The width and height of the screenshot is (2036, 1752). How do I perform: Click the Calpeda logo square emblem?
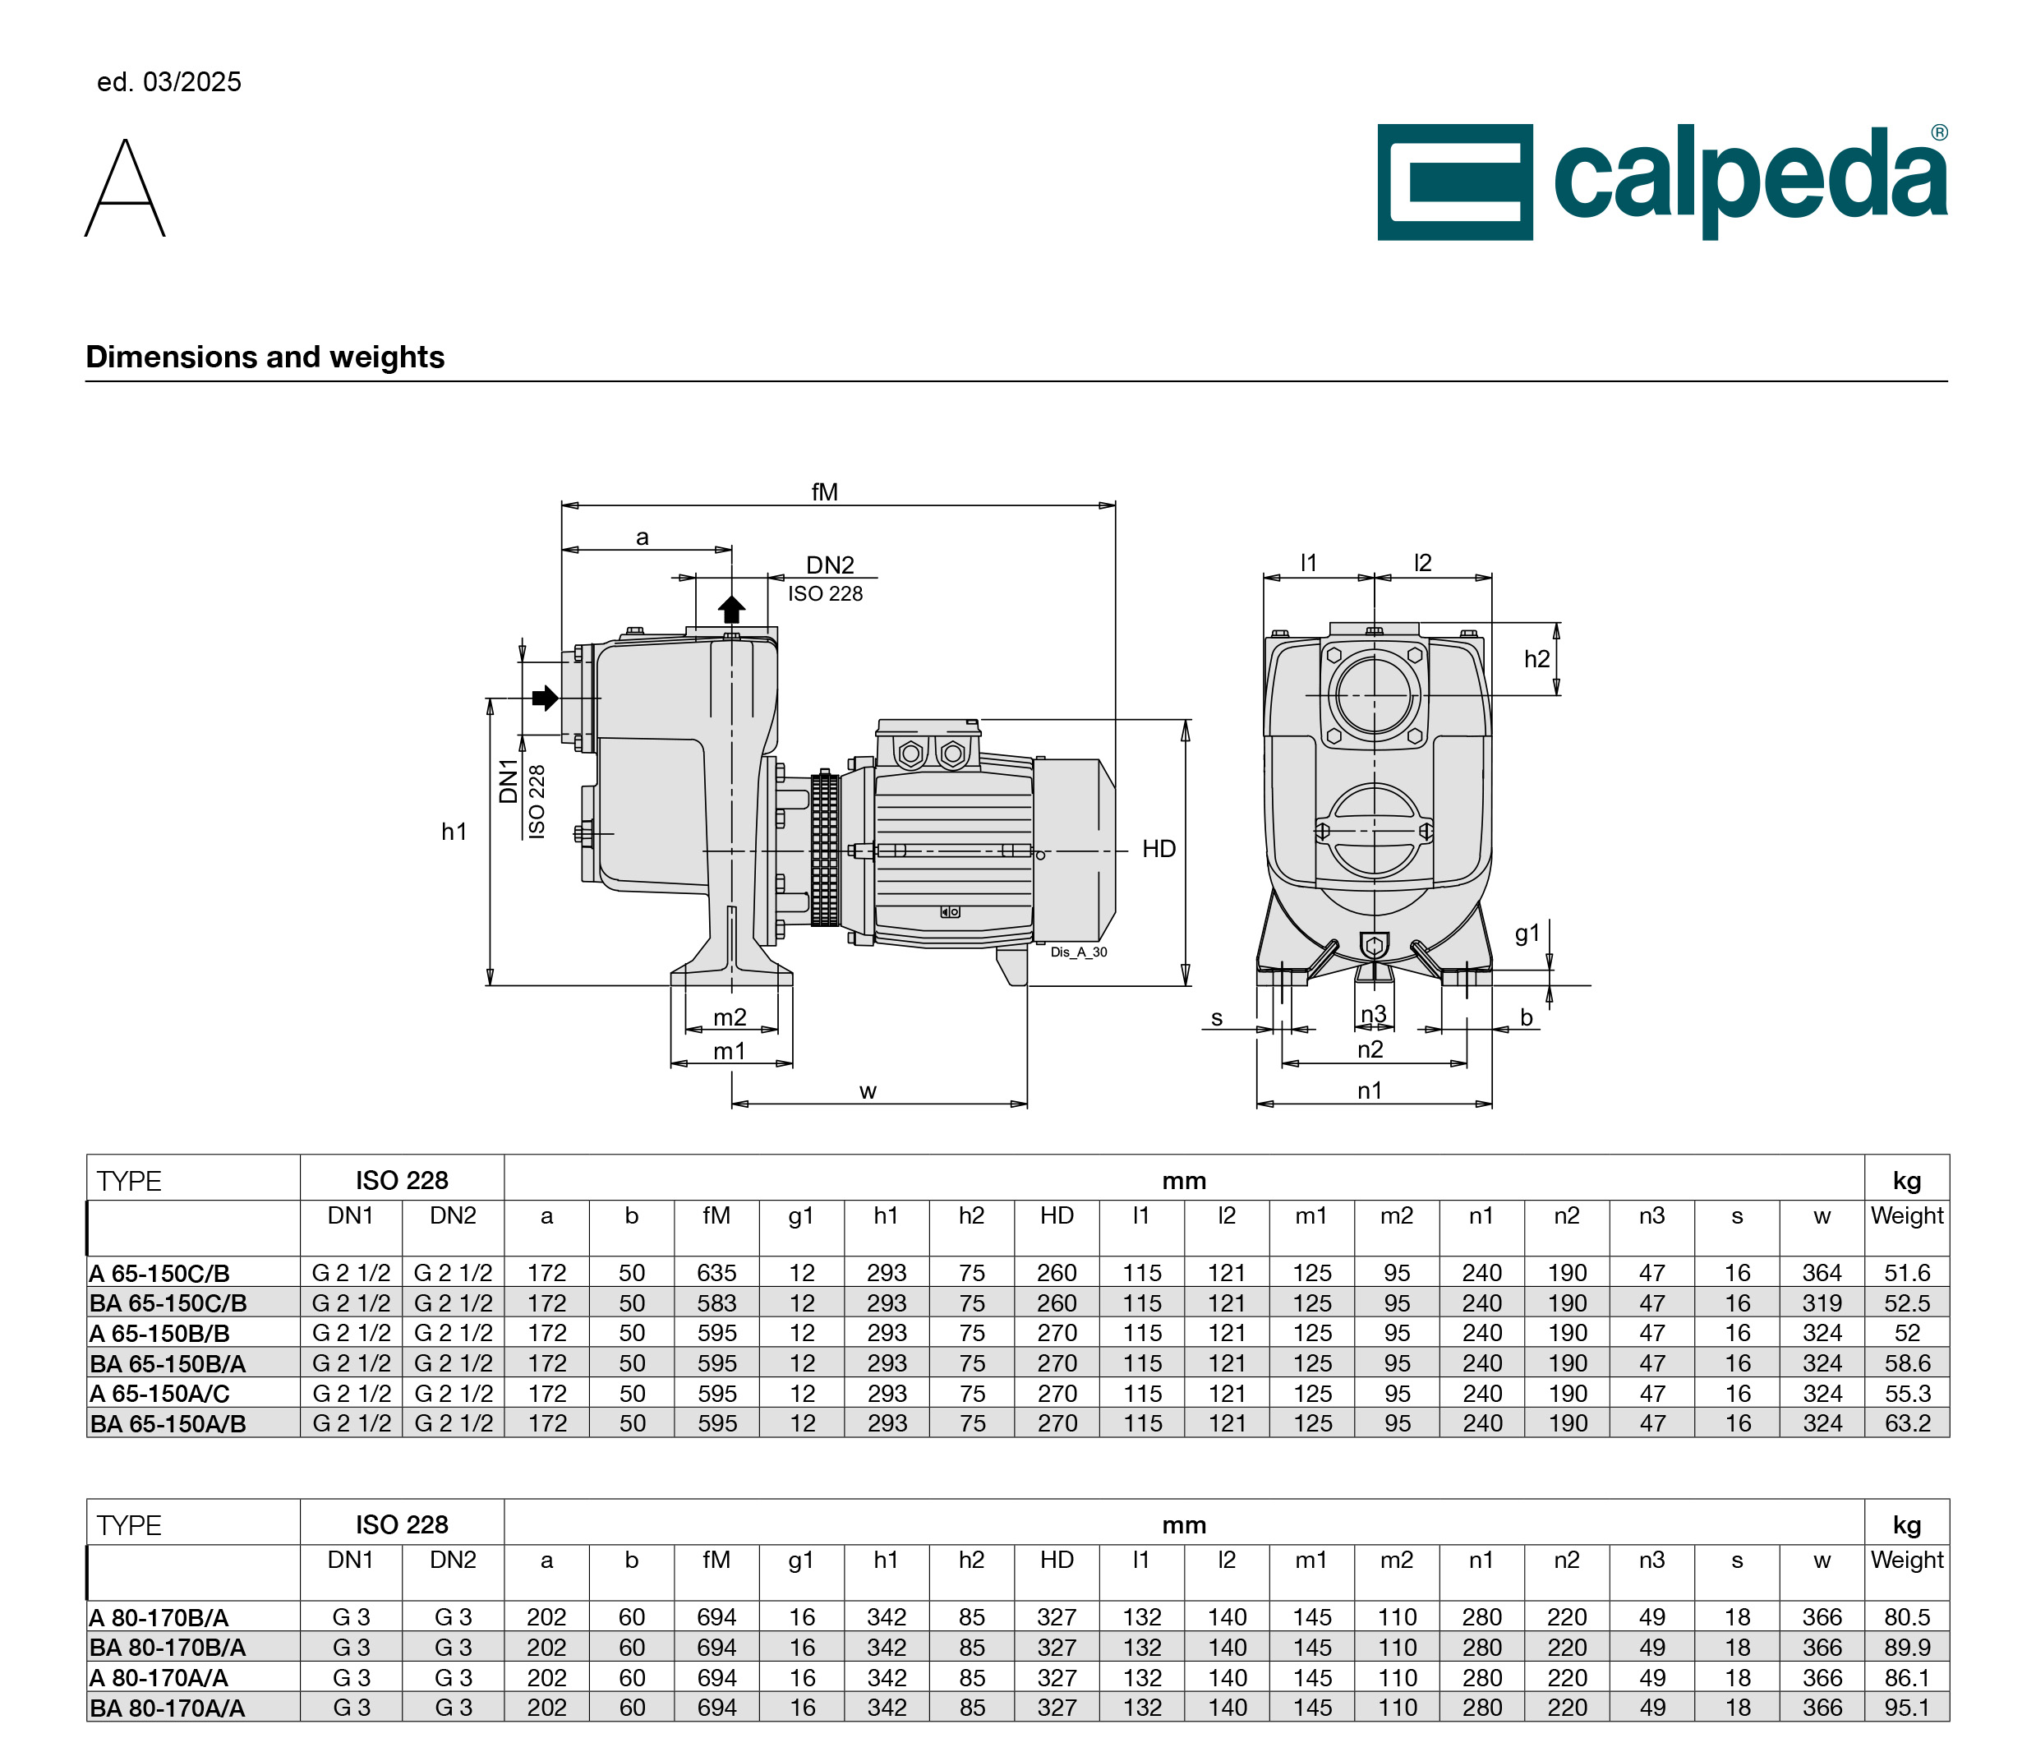point(1454,182)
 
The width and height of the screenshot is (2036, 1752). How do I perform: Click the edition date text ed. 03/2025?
point(169,81)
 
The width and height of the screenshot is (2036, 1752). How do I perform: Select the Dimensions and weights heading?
point(265,357)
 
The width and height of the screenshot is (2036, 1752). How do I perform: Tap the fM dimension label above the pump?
point(824,491)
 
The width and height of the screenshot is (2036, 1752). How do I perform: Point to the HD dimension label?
point(1158,848)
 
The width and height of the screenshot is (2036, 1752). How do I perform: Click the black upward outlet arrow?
point(731,609)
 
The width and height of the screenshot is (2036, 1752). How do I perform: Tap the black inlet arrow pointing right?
point(546,698)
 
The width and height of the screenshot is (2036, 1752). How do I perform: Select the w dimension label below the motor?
point(868,1090)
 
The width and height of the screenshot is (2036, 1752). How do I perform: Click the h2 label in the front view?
point(1536,658)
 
